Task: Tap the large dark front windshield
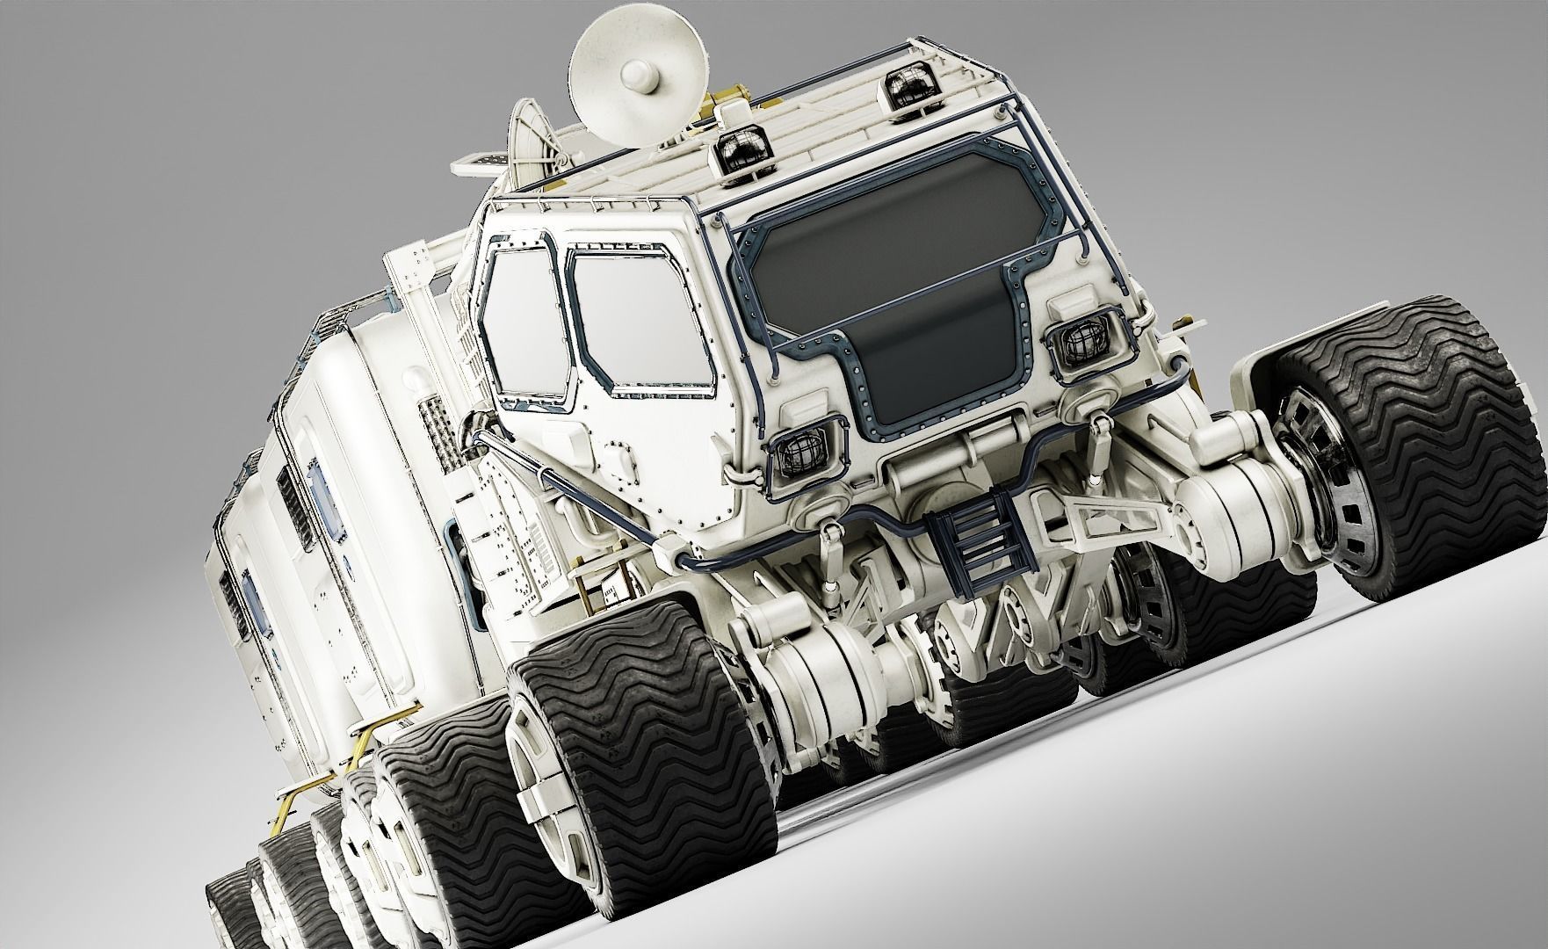pyautogui.click(x=896, y=264)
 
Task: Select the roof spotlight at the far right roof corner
pyautogui.click(x=908, y=89)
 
